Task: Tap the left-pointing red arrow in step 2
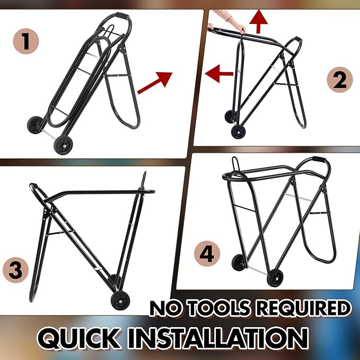point(219,74)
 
